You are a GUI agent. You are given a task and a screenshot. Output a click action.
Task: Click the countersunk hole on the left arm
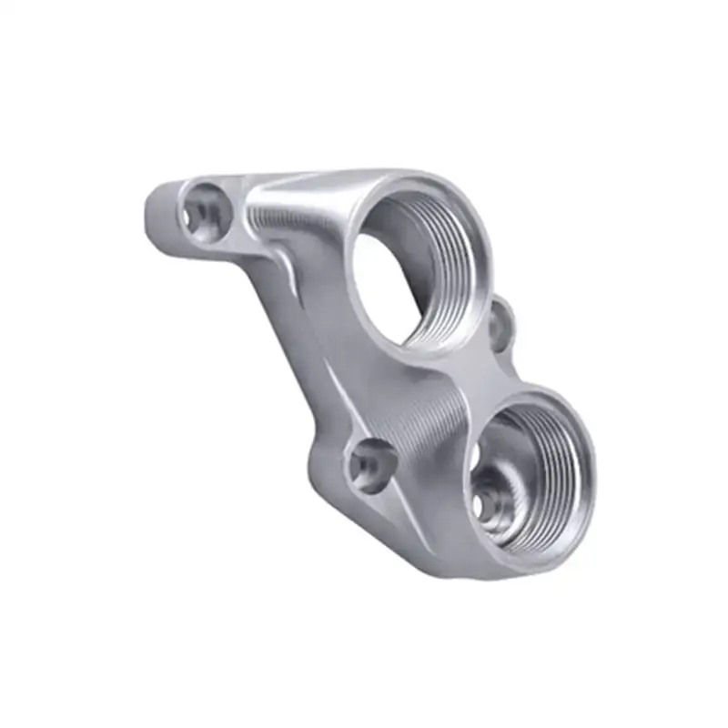click(202, 208)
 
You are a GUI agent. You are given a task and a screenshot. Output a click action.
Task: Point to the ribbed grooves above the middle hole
click(428, 409)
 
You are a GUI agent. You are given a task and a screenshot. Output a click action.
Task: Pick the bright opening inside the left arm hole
click(194, 217)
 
